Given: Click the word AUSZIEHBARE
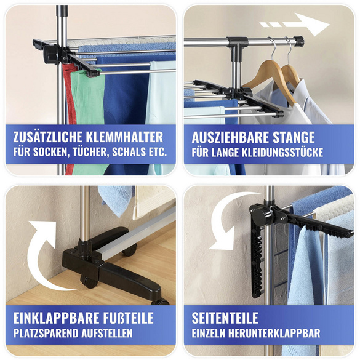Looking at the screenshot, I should click(228, 137).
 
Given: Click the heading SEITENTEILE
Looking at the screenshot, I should click(225, 318).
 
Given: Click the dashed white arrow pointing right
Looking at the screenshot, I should click(295, 25).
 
